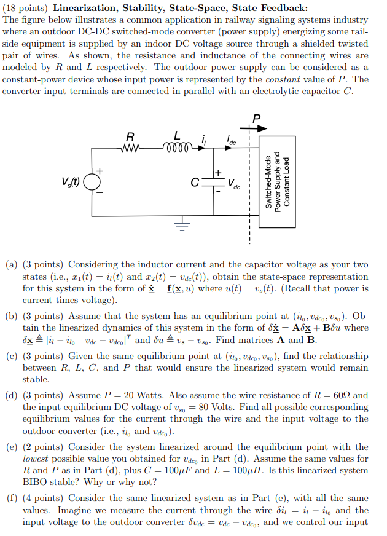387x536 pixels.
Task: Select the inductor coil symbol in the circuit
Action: [x=177, y=147]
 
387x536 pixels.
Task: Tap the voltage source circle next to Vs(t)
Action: [x=92, y=182]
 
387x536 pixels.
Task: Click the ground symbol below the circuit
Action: [x=182, y=225]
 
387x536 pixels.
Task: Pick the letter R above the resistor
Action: [x=130, y=135]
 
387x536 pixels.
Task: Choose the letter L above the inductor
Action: [x=177, y=135]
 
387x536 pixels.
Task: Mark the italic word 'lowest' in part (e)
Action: [x=36, y=459]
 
